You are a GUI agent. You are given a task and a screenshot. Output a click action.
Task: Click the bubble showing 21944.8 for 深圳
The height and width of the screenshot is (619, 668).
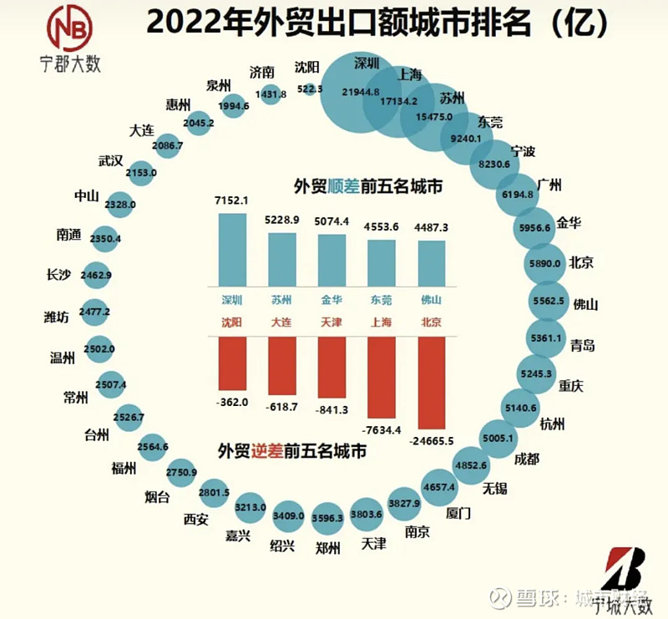[361, 92]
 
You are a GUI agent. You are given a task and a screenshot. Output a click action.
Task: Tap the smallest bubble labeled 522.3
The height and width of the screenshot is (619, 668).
[311, 89]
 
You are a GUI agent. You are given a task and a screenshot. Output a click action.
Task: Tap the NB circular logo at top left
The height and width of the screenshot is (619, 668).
[70, 28]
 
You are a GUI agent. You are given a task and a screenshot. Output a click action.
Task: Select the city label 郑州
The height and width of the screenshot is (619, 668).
[327, 549]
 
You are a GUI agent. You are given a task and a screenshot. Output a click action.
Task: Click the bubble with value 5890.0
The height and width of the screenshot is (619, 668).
[549, 262]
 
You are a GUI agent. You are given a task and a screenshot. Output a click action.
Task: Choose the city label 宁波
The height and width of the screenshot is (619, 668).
[523, 151]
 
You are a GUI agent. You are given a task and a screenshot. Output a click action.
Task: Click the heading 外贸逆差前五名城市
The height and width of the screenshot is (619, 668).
[293, 451]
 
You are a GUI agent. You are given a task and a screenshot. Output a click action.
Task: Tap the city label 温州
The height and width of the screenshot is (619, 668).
[63, 358]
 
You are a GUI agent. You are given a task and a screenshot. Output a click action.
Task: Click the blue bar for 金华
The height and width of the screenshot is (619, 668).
[331, 260]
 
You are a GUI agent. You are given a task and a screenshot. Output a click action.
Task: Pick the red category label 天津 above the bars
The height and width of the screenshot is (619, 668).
[331, 321]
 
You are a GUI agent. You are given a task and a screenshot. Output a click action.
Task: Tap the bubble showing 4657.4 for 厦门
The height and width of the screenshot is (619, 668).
[438, 485]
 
